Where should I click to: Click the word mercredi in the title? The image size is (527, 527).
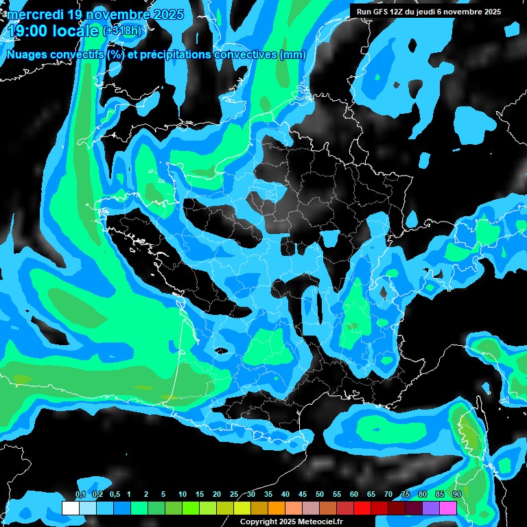click(x=35, y=14)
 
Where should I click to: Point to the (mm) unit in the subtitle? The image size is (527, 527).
click(x=292, y=55)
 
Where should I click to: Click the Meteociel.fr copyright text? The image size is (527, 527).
click(x=315, y=522)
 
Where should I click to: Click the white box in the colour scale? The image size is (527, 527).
click(x=70, y=508)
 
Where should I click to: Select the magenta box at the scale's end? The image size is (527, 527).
click(x=448, y=508)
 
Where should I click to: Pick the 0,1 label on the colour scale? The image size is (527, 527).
click(x=80, y=495)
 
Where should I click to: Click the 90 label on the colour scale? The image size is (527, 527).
click(x=456, y=495)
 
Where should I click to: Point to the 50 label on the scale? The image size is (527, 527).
click(x=320, y=495)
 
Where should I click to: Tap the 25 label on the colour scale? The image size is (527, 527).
click(x=234, y=495)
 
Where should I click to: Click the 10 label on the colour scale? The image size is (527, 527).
click(x=183, y=495)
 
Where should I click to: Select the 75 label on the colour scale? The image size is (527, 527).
click(x=406, y=495)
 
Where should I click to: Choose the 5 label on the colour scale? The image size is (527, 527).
click(x=163, y=495)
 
